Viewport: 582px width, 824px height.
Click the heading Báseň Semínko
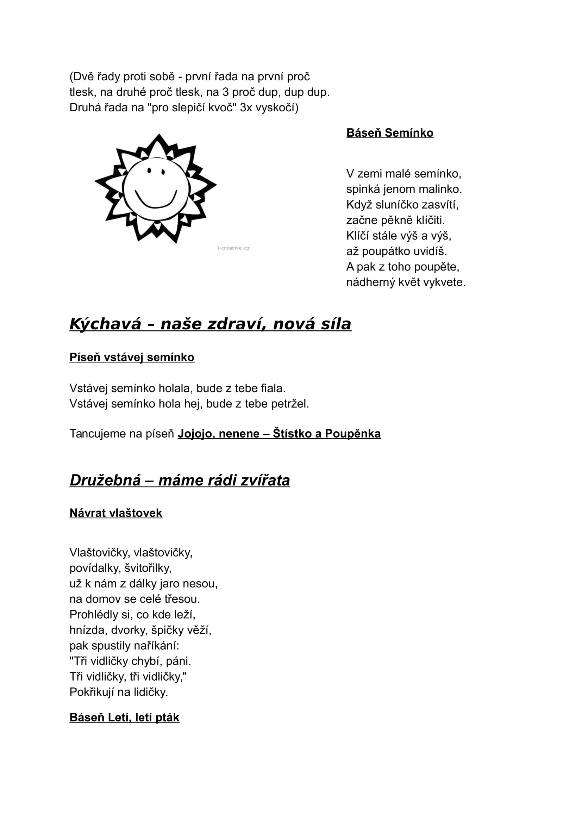coord(390,133)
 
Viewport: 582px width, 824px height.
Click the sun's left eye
coord(149,171)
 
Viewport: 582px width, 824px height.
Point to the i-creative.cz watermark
coord(233,248)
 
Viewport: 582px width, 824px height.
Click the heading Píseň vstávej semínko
coord(132,358)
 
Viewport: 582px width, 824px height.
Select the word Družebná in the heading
coord(105,480)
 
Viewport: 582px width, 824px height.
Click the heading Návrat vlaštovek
coord(116,513)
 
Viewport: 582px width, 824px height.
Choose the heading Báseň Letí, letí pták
coord(124,717)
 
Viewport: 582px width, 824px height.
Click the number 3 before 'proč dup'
coord(226,92)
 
